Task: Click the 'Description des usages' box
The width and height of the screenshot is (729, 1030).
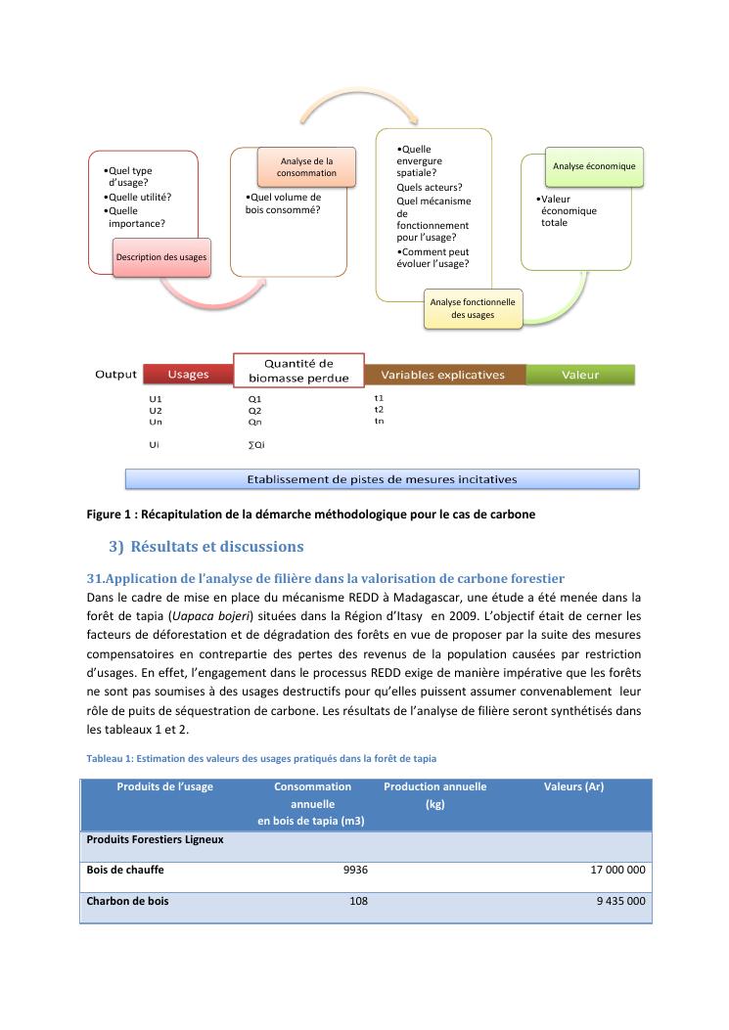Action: click(161, 256)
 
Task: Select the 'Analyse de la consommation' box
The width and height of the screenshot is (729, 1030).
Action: click(305, 166)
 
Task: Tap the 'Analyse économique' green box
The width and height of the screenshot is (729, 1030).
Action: click(593, 166)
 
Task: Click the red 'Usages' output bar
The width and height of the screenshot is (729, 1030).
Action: click(188, 375)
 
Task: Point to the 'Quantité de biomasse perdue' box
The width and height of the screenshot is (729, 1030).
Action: click(297, 371)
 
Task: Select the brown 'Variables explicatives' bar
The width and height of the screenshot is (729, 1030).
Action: click(442, 375)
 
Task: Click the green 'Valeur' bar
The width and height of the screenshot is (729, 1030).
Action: click(580, 375)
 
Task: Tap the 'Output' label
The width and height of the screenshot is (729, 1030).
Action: click(115, 375)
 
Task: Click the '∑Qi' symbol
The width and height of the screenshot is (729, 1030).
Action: click(256, 445)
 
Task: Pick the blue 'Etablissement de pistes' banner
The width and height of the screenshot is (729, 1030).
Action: click(382, 479)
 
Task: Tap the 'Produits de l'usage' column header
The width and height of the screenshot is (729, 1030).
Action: click(164, 786)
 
